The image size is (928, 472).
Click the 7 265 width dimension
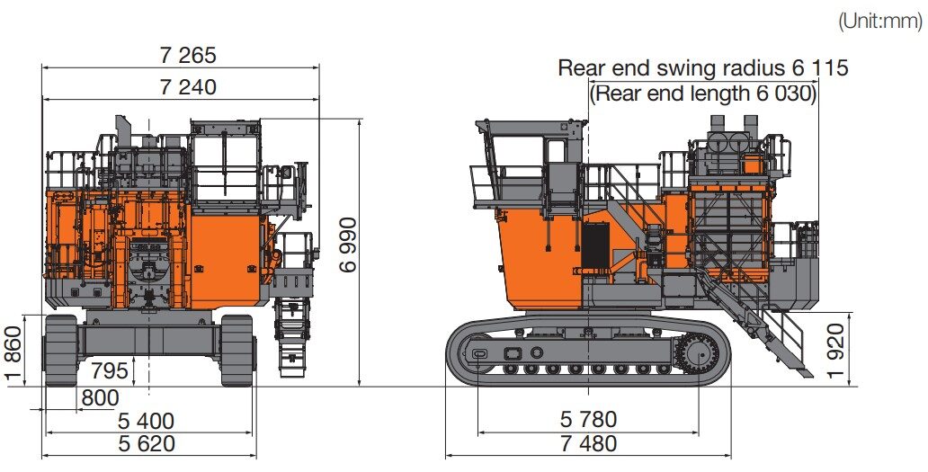(x=189, y=56)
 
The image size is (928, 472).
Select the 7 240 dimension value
(x=189, y=87)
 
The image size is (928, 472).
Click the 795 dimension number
(x=110, y=370)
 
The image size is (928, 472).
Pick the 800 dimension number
(x=99, y=396)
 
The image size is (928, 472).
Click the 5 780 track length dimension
(x=589, y=419)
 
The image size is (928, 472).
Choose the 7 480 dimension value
(x=589, y=443)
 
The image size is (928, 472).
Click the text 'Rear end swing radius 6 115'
(x=703, y=67)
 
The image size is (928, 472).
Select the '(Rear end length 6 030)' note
(x=703, y=94)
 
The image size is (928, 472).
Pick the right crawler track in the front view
(x=237, y=350)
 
